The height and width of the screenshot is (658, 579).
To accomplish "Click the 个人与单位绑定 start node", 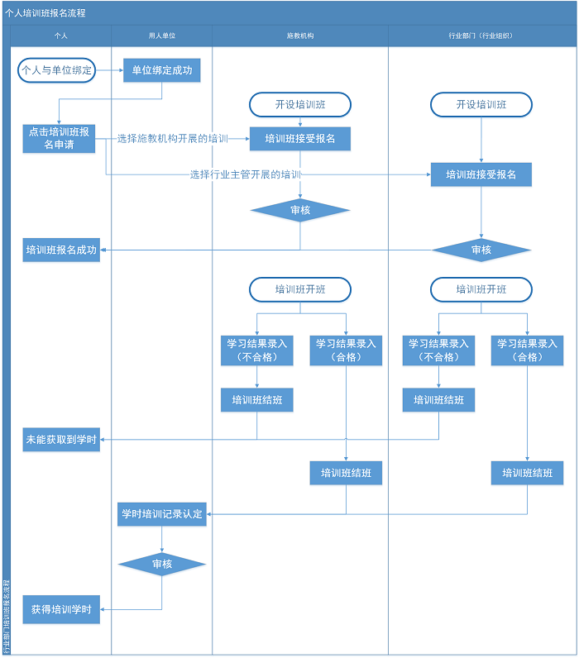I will (57, 70).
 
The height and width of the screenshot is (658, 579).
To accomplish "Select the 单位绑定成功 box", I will (162, 70).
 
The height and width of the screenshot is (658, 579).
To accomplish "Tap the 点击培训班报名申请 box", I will (60, 138).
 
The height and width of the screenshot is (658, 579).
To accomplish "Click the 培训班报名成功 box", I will (61, 250).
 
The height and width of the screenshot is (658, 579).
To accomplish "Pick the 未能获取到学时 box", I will (61, 441).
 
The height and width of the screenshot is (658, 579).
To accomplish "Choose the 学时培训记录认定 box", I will (161, 514).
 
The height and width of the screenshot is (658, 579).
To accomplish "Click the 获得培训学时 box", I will (61, 610).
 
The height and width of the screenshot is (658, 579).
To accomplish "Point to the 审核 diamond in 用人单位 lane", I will (162, 564).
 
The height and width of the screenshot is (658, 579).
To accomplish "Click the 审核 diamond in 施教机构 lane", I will (300, 211).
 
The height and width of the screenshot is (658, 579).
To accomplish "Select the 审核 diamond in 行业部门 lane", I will (481, 250).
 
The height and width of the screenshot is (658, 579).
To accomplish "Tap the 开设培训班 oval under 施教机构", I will (300, 105).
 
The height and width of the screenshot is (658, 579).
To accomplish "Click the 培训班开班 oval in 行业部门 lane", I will (481, 289).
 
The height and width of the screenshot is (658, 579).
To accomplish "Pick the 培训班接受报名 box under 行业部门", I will (481, 174).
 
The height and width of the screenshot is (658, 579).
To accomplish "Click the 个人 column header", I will (60, 36).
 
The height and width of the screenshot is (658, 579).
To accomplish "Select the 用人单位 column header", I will (162, 36).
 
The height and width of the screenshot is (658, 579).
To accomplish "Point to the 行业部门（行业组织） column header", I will (481, 36).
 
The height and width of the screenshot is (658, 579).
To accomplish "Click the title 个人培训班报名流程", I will (46, 13).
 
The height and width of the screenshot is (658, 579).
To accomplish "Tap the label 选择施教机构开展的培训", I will (172, 138).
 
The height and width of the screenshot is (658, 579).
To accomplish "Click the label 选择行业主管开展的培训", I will (246, 174).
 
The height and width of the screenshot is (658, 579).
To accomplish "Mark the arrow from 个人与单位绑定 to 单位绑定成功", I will (109, 70).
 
